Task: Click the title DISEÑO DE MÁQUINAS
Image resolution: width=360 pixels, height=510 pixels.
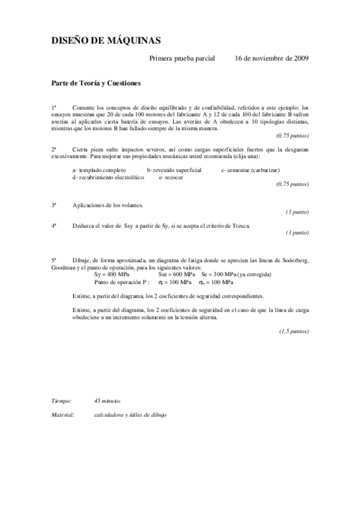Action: tap(105, 40)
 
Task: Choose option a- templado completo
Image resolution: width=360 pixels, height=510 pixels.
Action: tap(99, 170)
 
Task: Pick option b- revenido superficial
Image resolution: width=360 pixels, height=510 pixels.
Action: tap(174, 170)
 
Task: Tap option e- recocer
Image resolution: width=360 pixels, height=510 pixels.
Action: tap(171, 177)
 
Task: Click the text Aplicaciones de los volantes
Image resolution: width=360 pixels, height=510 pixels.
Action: tap(108, 205)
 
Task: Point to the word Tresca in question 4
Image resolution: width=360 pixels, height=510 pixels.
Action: tap(239, 226)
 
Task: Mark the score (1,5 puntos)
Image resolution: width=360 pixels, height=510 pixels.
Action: tap(293, 331)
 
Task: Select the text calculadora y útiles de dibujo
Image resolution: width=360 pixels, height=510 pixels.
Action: tap(130, 415)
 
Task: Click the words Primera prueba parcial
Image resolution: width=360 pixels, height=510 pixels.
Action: tap(182, 58)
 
